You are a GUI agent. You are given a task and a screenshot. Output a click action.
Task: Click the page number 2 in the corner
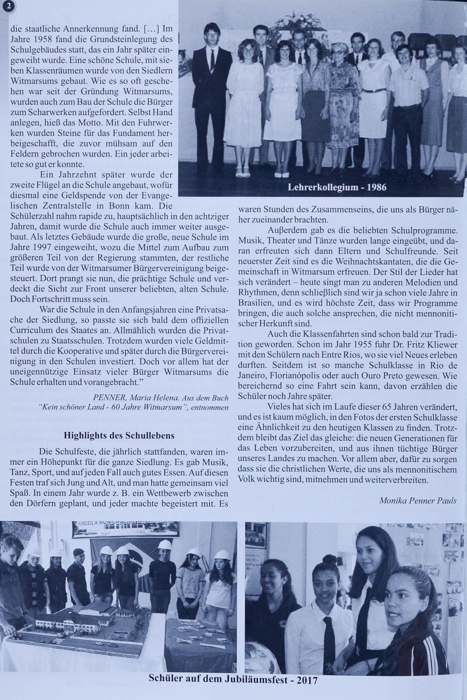tap(6, 6)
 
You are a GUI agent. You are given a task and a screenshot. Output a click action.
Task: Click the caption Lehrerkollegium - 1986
tap(337, 188)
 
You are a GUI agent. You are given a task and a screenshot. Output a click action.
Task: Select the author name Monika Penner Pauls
tap(417, 500)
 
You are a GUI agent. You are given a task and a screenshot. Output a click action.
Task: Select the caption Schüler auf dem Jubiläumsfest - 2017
tap(233, 680)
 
